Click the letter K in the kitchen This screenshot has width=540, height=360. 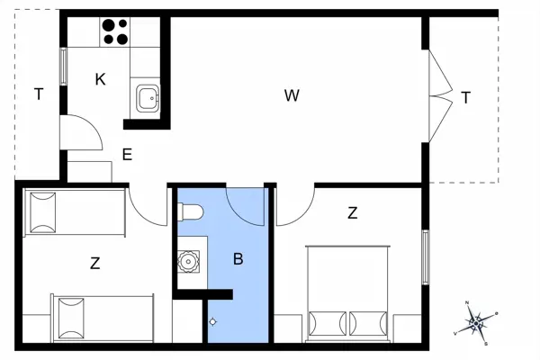pos(100,79)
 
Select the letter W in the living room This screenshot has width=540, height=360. pos(291,95)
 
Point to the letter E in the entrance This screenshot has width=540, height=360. pos(127,155)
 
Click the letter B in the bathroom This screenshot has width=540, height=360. pos(238,259)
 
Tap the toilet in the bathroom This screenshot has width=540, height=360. pos(191,213)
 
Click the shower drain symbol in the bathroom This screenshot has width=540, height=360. pos(212,321)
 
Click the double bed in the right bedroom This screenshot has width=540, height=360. pos(349,292)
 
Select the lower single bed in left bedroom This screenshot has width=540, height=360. pos(101,318)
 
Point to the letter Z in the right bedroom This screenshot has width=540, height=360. pos(352,213)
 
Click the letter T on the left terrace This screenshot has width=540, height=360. pos(38,94)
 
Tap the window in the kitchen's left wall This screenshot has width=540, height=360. pos(63,66)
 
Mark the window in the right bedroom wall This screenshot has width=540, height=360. pos(426,258)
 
